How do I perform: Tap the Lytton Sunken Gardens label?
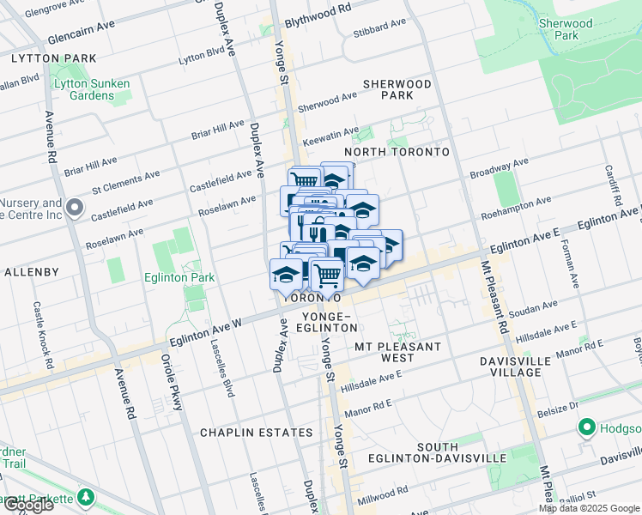tap(91, 89)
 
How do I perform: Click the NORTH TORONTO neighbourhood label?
tap(397, 152)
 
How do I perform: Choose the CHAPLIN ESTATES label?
tap(256, 433)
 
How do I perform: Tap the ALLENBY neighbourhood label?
tap(31, 272)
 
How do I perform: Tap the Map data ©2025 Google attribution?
tap(588, 508)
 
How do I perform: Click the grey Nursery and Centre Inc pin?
tap(75, 208)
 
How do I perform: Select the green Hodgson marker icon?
tap(587, 427)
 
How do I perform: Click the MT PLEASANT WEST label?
tap(397, 352)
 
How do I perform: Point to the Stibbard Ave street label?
tap(378, 35)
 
